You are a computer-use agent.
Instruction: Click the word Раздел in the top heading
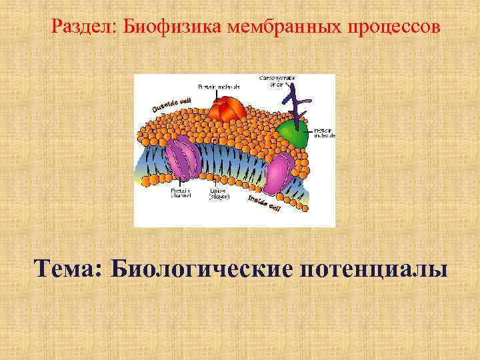pos(80,28)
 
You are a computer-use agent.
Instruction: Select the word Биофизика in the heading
pos(167,28)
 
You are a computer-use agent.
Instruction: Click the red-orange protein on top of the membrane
pos(227,109)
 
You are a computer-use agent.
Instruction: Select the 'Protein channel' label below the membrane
pos(181,193)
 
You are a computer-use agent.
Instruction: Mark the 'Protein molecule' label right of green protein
pos(324,132)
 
